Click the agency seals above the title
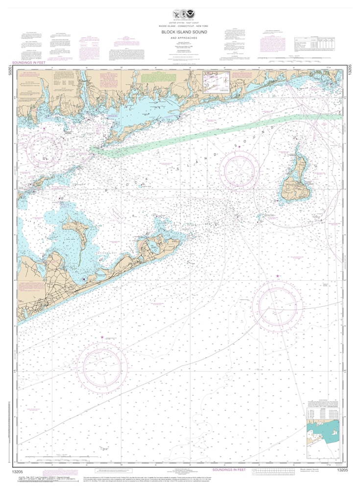(x=179, y=14)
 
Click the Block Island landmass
(x=296, y=182)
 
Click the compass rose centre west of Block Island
(x=240, y=172)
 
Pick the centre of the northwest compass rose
(x=45, y=147)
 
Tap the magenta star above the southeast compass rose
(x=278, y=277)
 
